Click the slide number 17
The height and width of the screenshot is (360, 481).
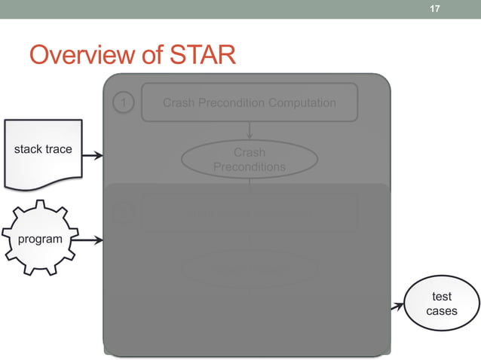[x=434, y=9]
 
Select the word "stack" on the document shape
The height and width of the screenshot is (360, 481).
[x=29, y=149]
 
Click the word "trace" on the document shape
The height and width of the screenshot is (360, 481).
[x=59, y=149]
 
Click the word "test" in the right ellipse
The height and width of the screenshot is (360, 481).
[x=442, y=297]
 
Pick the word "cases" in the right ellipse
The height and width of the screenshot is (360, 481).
[x=442, y=311]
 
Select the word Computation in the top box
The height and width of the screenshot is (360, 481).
[x=298, y=102]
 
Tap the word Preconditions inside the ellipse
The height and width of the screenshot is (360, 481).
[x=250, y=166]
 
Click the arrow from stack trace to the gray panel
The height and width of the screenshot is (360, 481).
[x=92, y=156]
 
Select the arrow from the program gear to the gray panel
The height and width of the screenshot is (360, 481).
[x=91, y=241]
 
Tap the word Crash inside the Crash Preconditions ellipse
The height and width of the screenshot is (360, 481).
[x=250, y=152]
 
